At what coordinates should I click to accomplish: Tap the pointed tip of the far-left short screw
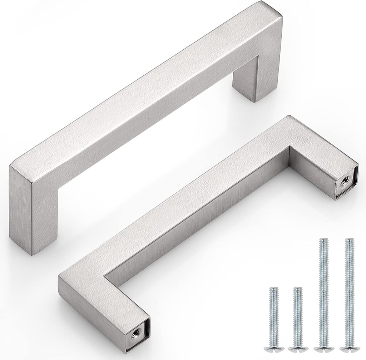tap(273, 288)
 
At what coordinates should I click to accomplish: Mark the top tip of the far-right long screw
tap(346, 239)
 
